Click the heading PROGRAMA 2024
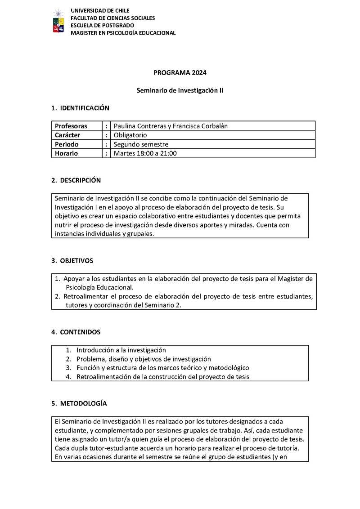click(x=180, y=72)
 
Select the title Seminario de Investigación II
click(x=180, y=90)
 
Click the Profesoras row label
click(x=71, y=126)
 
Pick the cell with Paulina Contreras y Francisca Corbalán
click(x=171, y=126)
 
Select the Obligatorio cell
click(x=130, y=135)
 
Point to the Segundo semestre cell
click(x=141, y=144)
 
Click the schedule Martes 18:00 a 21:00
click(x=145, y=153)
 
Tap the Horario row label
click(x=67, y=153)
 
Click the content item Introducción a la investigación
click(x=121, y=350)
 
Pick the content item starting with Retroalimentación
click(x=162, y=377)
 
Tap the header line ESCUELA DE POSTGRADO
click(x=99, y=25)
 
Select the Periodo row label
click(x=67, y=144)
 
